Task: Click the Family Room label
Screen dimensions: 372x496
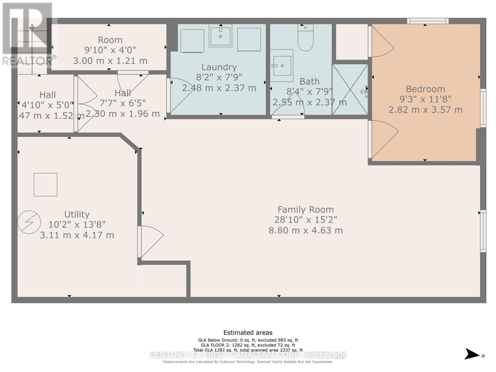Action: [305, 210]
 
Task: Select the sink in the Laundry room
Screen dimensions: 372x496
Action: [220, 36]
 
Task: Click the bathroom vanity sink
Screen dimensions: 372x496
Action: [282, 66]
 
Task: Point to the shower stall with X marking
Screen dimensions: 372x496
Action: [350, 89]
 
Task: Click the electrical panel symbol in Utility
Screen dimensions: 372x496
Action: [29, 222]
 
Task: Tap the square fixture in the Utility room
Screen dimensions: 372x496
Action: [46, 184]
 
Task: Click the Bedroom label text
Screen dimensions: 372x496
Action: [425, 89]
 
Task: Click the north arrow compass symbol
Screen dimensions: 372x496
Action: [473, 354]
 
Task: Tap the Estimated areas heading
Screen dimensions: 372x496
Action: [248, 333]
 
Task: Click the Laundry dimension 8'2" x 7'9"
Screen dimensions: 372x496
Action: [219, 77]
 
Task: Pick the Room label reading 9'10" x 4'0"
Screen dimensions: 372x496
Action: [110, 50]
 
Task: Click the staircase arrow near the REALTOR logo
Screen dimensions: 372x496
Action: [32, 34]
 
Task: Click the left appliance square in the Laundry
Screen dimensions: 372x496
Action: [192, 41]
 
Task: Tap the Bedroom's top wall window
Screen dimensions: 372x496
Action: [427, 21]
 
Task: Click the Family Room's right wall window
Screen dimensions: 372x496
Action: [483, 231]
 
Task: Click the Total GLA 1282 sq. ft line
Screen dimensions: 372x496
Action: [248, 350]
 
